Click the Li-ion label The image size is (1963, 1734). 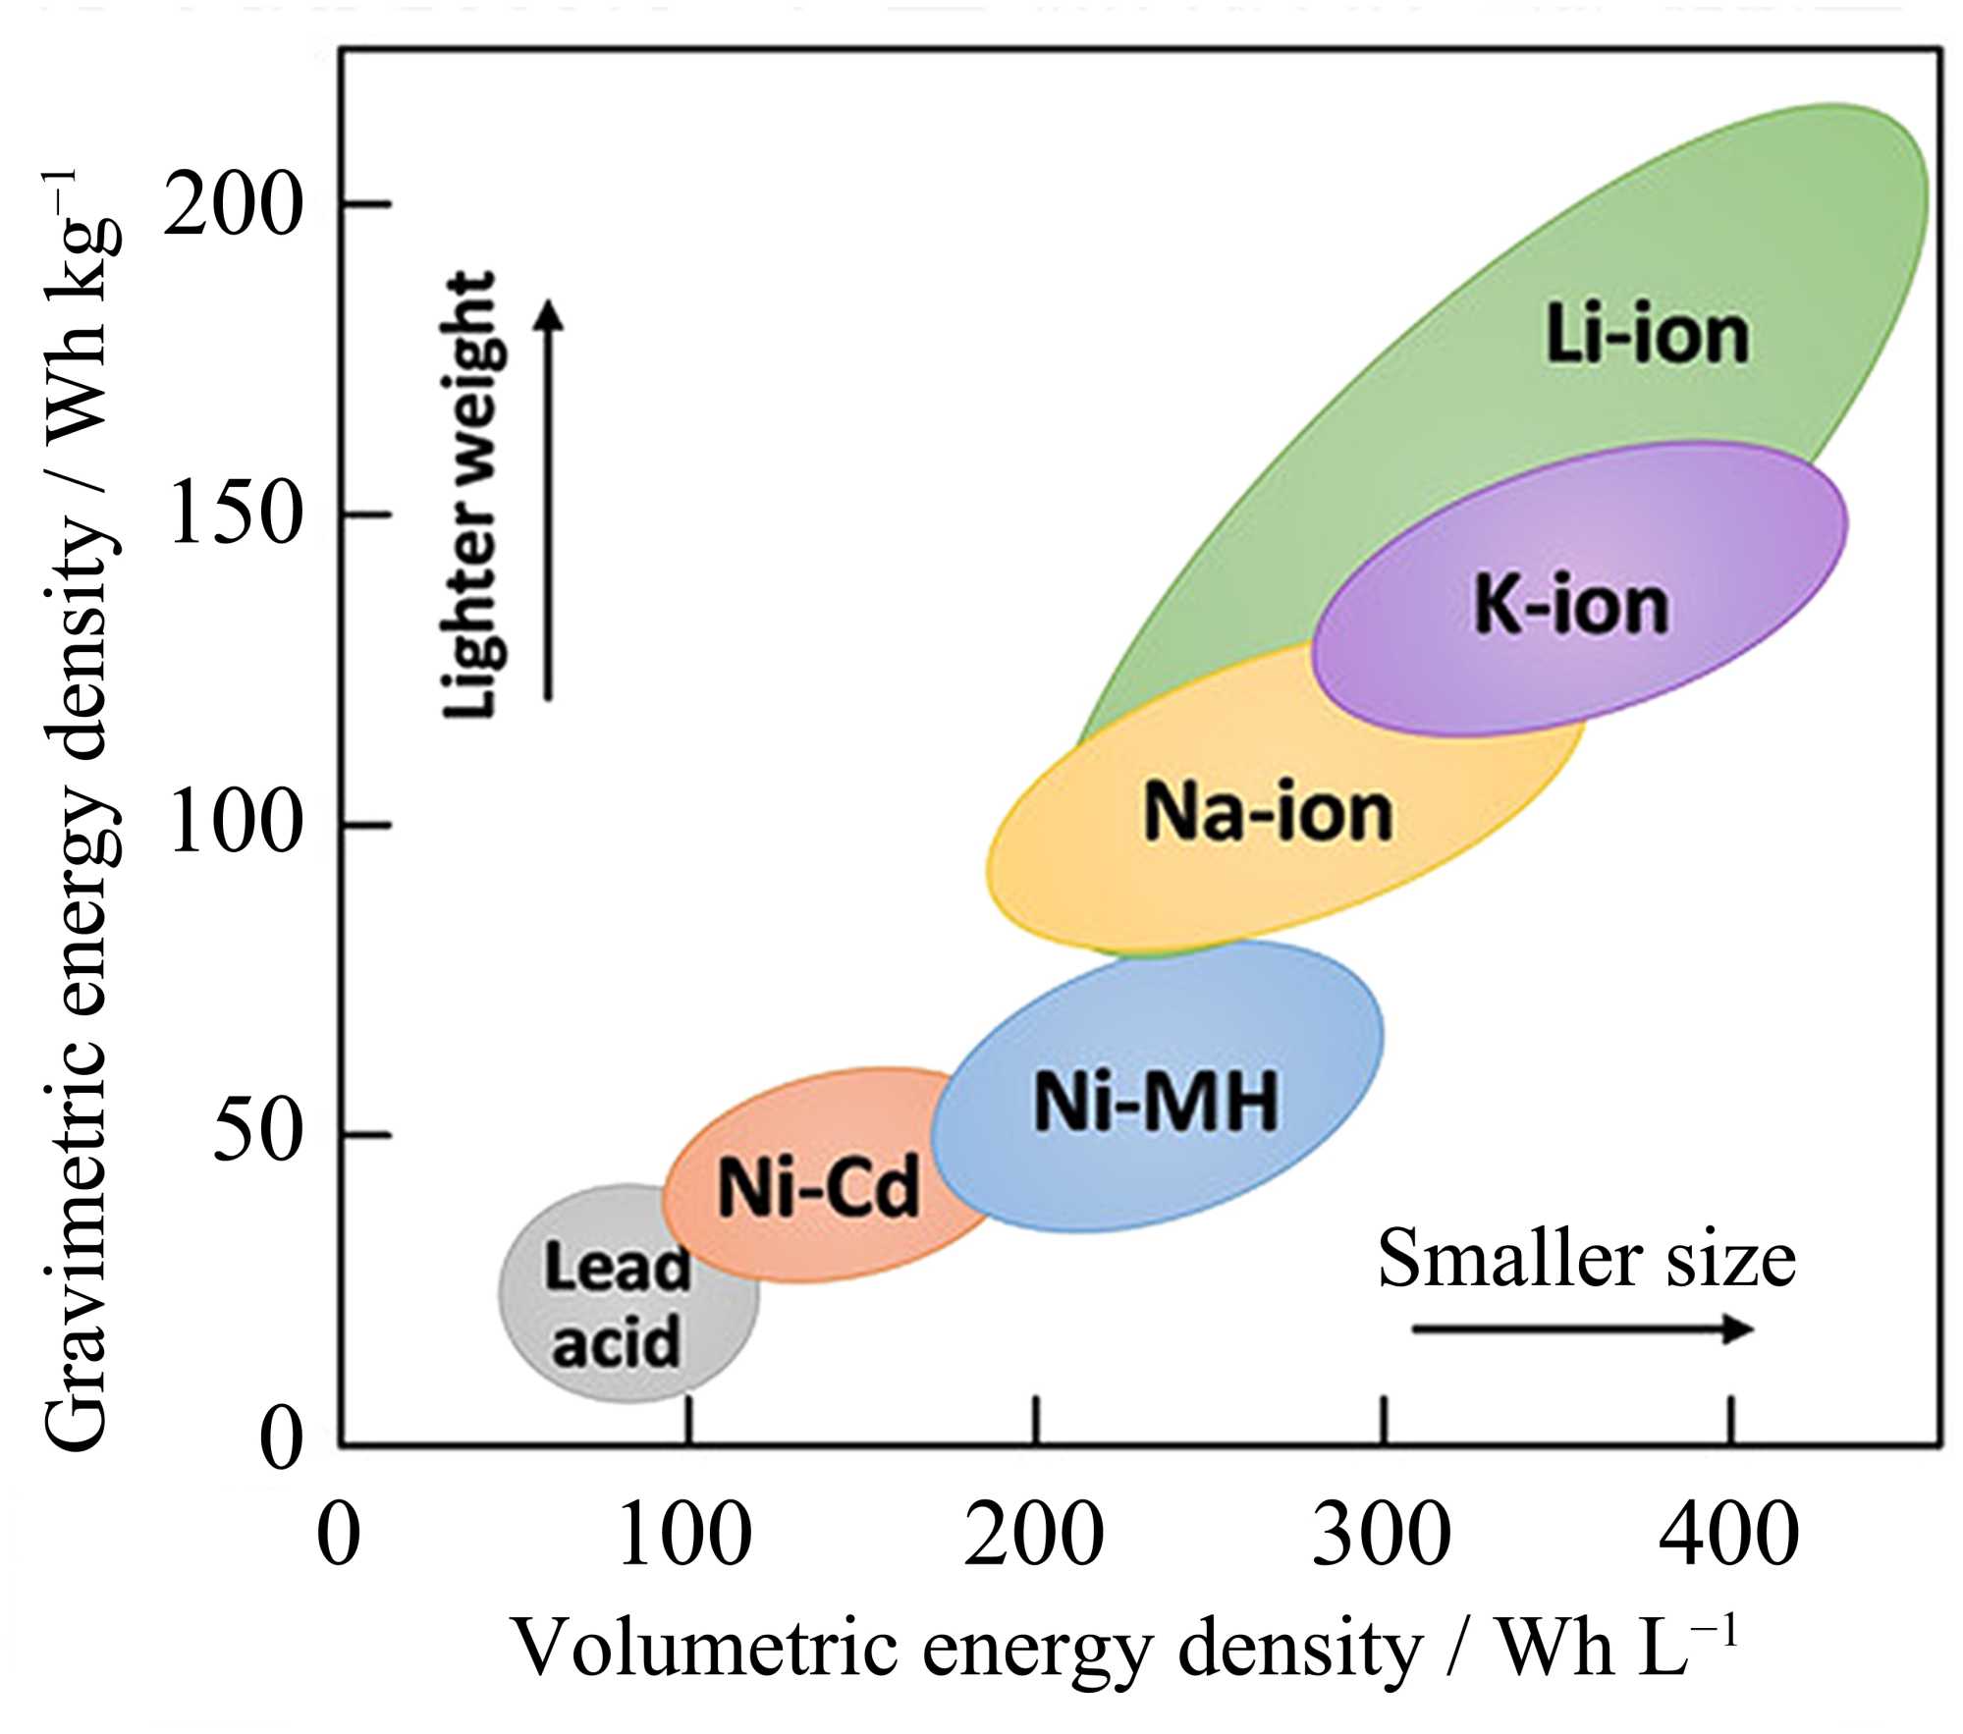[1648, 336]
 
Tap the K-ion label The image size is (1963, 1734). [1571, 606]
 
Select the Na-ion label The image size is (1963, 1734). [1268, 813]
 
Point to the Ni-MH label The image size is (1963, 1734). [1156, 1102]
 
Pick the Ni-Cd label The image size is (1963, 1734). [818, 1187]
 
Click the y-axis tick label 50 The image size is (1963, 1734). [254, 1134]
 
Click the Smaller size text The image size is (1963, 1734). [1586, 1259]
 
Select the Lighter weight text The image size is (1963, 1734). [470, 496]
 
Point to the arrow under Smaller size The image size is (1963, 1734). [1582, 1329]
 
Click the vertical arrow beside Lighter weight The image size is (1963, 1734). [549, 501]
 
